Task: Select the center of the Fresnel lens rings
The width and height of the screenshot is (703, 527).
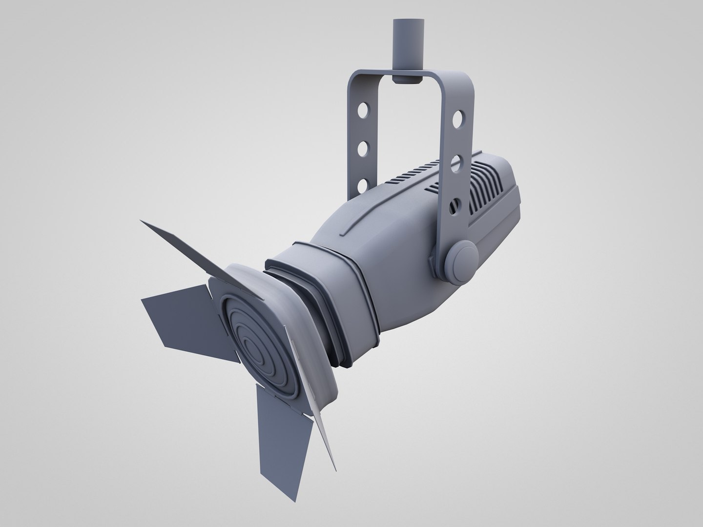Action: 254,349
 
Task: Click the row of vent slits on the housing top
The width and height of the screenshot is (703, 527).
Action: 415,175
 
